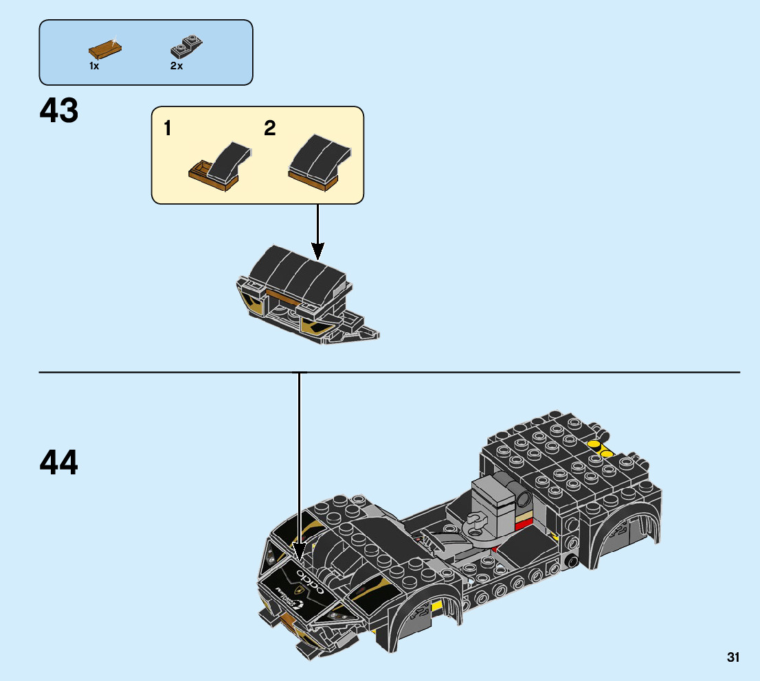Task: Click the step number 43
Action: coord(59,111)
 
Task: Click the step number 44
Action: coord(59,462)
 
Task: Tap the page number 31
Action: coord(733,658)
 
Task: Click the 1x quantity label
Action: coord(94,66)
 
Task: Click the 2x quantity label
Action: coord(177,66)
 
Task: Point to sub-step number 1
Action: coord(168,128)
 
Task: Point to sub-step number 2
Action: coord(270,128)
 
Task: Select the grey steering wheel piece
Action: coord(476,521)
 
